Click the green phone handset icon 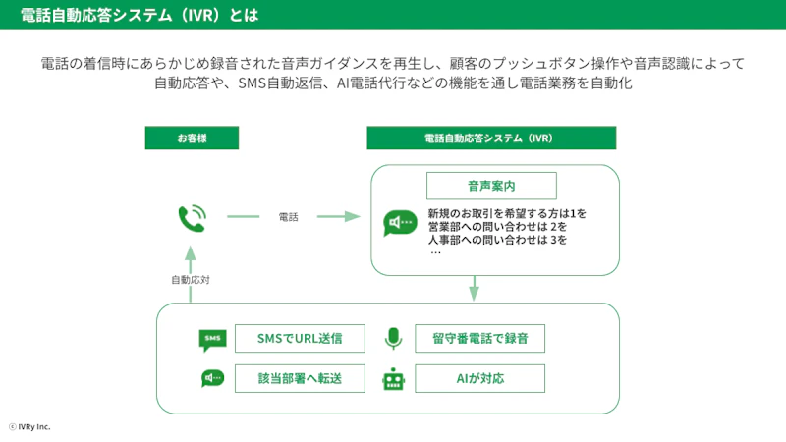coord(192,217)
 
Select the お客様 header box coord(192,138)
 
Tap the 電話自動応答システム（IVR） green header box coord(491,138)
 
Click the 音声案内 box coord(491,186)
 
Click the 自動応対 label coord(191,280)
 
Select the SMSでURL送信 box coord(300,339)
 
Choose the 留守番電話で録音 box coord(479,339)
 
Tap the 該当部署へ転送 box coord(300,378)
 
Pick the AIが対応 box coord(479,378)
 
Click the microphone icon coord(393,339)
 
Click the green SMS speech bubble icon coord(212,340)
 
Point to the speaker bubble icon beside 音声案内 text coord(400,223)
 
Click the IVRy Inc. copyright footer coord(29,427)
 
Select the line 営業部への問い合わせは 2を coord(498,227)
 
